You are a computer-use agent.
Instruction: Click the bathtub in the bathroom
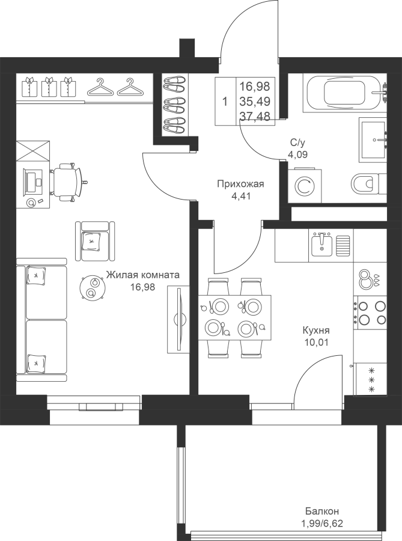(x=345, y=93)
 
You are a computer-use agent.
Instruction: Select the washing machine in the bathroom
(x=305, y=186)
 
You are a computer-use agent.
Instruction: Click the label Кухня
(x=316, y=330)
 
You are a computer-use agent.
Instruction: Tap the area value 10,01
(x=316, y=342)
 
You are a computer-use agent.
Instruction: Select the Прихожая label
(x=240, y=184)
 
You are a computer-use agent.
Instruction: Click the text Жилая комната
(x=143, y=275)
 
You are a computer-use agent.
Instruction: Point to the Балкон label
(x=322, y=510)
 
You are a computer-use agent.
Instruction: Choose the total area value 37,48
(x=255, y=117)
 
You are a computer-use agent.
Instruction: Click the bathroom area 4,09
(x=298, y=154)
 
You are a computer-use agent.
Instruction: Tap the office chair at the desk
(x=67, y=182)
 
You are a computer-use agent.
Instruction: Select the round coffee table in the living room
(x=92, y=287)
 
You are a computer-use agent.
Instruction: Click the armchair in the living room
(x=95, y=241)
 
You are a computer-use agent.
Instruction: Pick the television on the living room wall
(x=179, y=319)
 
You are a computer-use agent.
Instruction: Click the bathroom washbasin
(x=373, y=139)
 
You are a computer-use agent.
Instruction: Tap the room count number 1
(x=225, y=102)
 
